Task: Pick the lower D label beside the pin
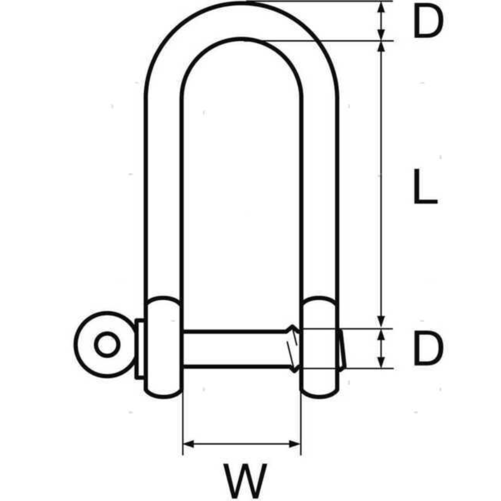click(428, 348)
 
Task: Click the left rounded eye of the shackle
click(163, 347)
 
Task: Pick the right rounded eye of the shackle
click(319, 347)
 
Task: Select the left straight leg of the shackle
click(163, 195)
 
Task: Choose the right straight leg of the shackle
click(320, 195)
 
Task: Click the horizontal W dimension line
click(242, 444)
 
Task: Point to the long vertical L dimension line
click(381, 186)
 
